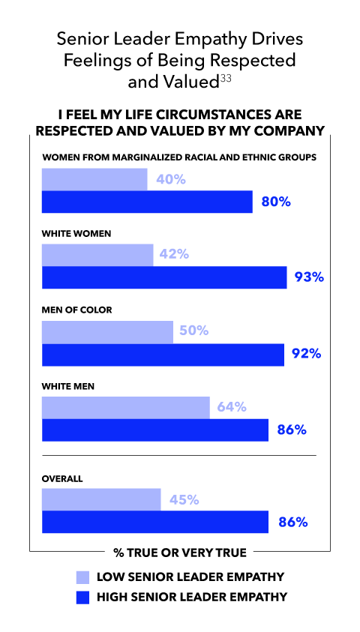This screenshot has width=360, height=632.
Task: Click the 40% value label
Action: coord(171,179)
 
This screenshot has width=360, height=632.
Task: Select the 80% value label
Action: coord(276,202)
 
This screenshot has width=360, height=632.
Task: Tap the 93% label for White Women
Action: coord(309,277)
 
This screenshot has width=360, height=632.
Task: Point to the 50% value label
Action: coord(194,331)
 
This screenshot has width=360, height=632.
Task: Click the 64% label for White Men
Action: coord(232,408)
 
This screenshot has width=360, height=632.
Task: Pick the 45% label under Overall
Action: coord(184,500)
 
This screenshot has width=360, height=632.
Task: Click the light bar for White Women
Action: coord(97,255)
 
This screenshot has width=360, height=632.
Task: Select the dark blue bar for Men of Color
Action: coord(163,355)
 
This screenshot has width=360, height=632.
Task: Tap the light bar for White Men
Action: coord(126,408)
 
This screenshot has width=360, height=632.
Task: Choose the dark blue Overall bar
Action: coord(155,522)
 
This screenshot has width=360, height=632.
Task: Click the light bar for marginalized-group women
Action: coord(94,179)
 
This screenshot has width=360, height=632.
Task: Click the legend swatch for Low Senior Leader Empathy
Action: coord(82,577)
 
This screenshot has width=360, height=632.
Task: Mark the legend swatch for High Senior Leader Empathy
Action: coord(82,598)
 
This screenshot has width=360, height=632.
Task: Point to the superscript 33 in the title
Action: coord(226,79)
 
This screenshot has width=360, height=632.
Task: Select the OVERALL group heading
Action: coord(62,479)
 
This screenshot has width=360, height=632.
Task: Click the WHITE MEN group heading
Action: coord(68,387)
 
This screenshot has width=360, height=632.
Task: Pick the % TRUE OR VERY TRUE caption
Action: coord(180,553)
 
